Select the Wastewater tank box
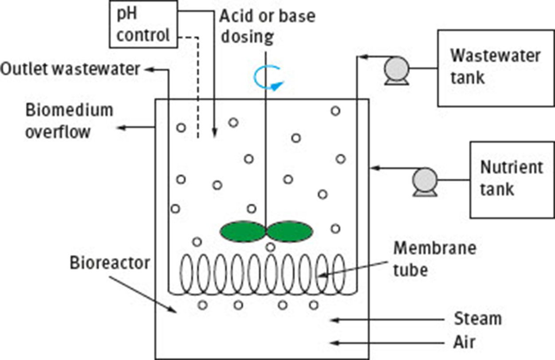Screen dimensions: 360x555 (496, 68)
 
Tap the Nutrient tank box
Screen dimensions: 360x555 (512, 180)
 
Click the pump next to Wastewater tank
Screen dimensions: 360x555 (396, 70)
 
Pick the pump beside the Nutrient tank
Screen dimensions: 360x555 (425, 181)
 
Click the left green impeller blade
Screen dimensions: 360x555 (242, 231)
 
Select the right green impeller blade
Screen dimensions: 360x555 (291, 231)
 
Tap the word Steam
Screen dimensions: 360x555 (477, 319)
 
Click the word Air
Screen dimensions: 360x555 (464, 342)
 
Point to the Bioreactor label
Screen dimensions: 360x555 (109, 263)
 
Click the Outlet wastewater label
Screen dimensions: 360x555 (70, 70)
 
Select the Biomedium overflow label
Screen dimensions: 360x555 (69, 121)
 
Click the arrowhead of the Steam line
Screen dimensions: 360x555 (336, 320)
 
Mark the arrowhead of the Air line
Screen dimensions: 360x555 (336, 343)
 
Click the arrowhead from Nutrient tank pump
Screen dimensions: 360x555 (374, 168)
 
